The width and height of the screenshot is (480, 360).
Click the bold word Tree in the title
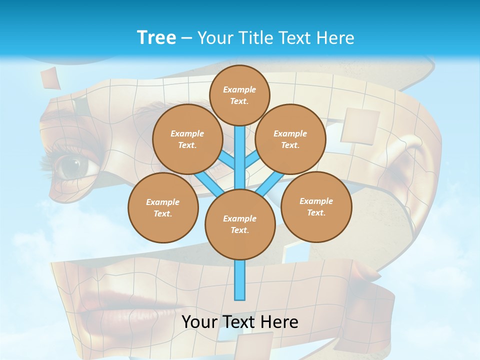point(156,37)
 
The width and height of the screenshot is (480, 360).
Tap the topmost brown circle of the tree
point(239,95)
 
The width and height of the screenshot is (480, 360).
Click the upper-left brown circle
point(187,139)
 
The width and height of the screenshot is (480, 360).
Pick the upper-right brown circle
point(290,139)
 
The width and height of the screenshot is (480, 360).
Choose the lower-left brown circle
point(163,208)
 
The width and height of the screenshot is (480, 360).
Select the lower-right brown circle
point(316,207)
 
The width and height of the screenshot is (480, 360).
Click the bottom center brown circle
point(240,224)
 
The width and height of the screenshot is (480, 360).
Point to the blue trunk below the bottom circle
point(240,280)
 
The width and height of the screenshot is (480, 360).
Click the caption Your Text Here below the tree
point(240,322)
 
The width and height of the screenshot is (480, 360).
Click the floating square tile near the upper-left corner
point(50,77)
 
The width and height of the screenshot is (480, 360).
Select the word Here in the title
point(337,37)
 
